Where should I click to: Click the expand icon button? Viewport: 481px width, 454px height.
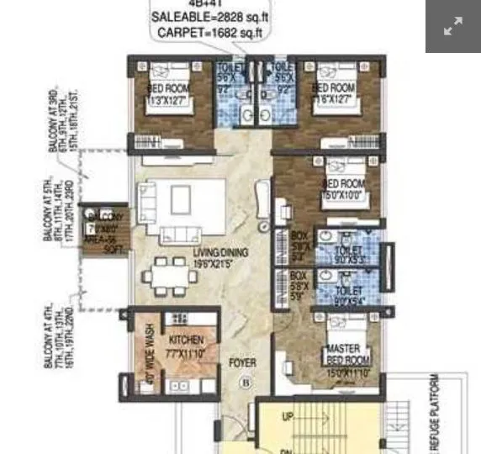tap(452, 27)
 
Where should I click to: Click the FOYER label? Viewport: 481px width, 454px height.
tap(243, 363)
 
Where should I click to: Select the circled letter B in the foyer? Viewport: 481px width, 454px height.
tap(246, 382)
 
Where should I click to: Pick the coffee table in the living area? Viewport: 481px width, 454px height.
tap(181, 199)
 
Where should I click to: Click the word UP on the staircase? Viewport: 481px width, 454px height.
tap(288, 417)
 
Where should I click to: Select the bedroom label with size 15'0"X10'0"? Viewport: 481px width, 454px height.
tap(343, 189)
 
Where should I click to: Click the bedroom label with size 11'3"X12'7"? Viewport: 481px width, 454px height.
tap(168, 94)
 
